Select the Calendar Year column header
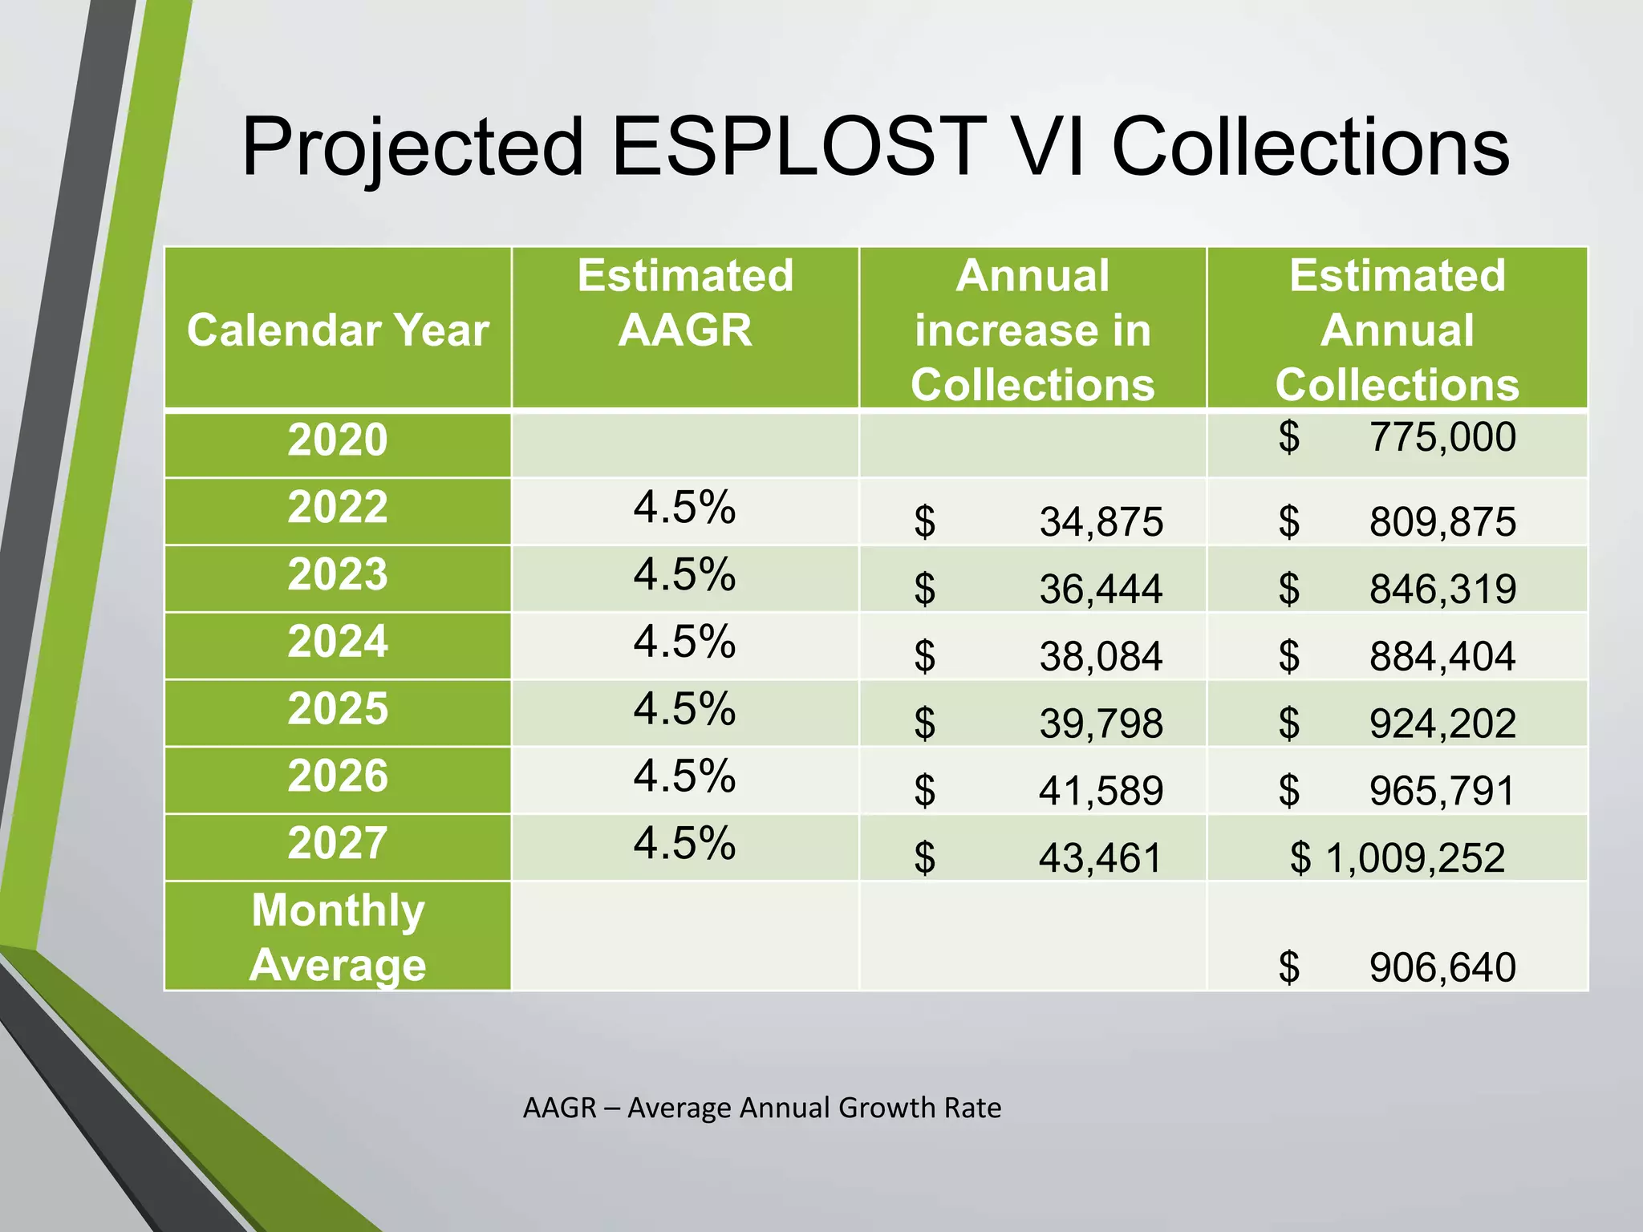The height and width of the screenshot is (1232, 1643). point(338,330)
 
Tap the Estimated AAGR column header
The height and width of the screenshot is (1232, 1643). point(685,302)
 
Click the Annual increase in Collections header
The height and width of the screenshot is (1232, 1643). point(1032,330)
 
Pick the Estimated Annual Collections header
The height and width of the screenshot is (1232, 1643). point(1397,330)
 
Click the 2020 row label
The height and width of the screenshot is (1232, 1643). point(338,440)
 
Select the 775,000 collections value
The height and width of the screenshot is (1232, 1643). point(1442,437)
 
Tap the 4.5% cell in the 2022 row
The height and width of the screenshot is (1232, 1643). point(684,508)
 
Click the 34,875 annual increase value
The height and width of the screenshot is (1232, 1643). point(1101,522)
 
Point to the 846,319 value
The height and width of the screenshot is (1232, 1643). point(1442,590)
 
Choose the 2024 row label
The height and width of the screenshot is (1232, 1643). point(338,642)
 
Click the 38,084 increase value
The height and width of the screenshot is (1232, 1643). point(1101,657)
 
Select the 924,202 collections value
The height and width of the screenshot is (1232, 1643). point(1442,724)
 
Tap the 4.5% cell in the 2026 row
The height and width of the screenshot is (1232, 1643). point(684,776)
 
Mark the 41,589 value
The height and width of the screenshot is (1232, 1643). point(1101,792)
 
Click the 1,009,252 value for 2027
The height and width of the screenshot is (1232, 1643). point(1414,858)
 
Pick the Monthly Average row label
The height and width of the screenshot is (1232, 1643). point(338,937)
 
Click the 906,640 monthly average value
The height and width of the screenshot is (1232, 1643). point(1442,967)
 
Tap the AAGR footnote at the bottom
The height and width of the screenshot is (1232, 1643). point(761,1108)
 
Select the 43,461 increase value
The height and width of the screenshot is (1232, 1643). point(1101,858)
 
